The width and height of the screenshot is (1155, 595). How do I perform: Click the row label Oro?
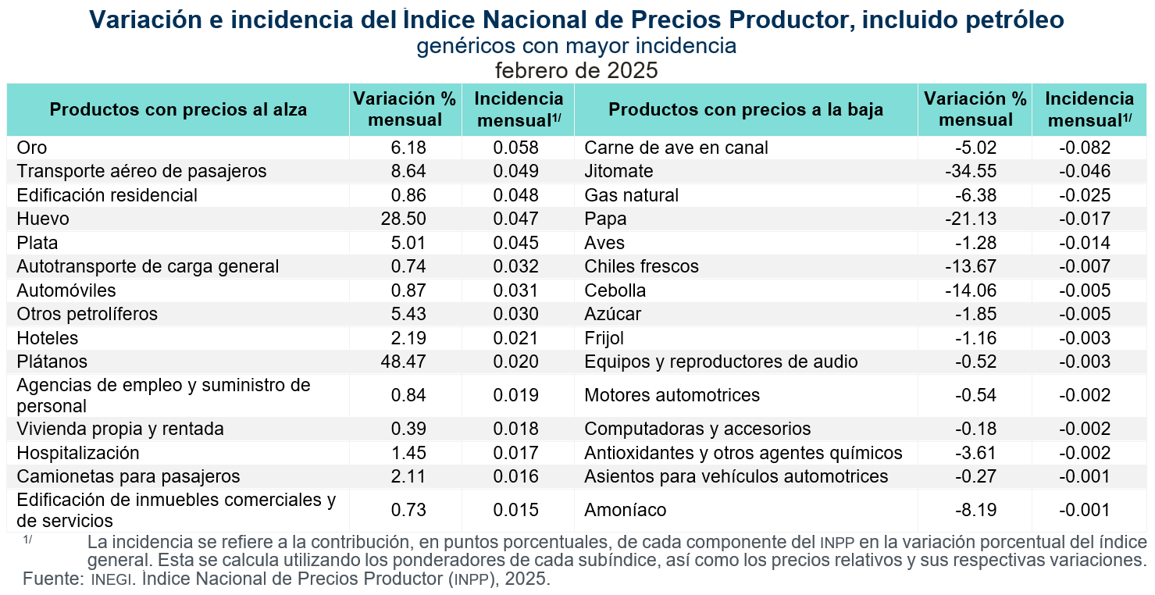click(32, 148)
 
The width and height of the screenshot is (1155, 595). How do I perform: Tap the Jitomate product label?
click(618, 171)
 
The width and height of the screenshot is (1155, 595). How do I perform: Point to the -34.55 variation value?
click(971, 171)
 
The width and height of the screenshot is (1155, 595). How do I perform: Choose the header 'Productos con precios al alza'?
click(178, 109)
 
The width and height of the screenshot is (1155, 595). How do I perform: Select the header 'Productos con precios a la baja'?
click(746, 109)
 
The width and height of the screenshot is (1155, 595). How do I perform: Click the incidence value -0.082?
click(1085, 148)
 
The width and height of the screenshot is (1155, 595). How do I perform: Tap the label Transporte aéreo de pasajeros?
click(141, 171)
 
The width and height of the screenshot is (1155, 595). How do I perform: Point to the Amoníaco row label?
click(626, 511)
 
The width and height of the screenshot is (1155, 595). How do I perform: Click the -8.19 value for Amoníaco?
click(976, 511)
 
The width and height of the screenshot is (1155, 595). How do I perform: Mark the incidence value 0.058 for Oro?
click(515, 148)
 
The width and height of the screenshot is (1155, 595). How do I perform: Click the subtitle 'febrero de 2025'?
click(576, 71)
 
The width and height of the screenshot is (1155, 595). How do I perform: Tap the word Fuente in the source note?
click(52, 579)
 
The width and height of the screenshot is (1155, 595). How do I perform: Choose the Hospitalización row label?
click(78, 454)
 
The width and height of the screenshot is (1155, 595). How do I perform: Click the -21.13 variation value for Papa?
click(971, 219)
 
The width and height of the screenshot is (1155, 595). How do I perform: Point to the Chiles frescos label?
click(641, 267)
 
